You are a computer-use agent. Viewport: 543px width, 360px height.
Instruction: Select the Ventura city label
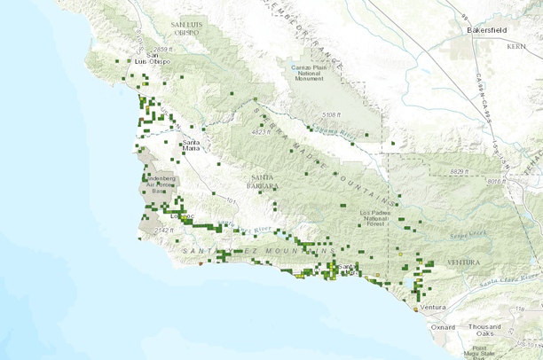pos(433,307)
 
